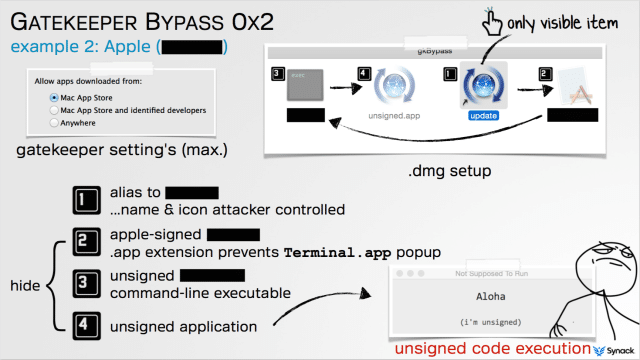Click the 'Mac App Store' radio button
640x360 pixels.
[x=54, y=98]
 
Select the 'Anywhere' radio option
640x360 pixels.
[x=54, y=122]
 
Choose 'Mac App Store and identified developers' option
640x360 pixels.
[x=54, y=110]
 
